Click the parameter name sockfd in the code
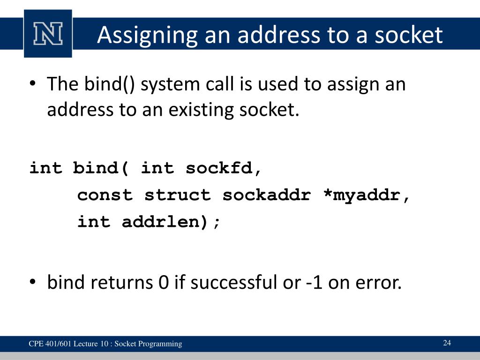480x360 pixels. tap(223, 168)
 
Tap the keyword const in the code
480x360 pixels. tap(105, 195)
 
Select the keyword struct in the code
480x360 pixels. tap(178, 195)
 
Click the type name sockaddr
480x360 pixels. tap(266, 195)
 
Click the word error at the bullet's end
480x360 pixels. tap(378, 283)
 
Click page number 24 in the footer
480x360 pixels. tap(447, 343)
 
